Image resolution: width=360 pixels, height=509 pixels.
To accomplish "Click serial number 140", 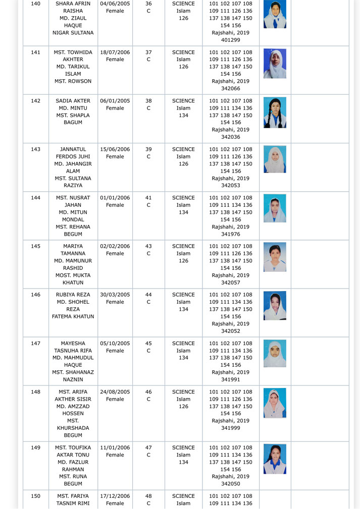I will pyautogui.click(x=35, y=4).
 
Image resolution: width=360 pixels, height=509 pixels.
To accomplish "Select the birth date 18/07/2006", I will pyautogui.click(x=115, y=52).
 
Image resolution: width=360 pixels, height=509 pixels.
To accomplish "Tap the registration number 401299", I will pyautogui.click(x=230, y=40).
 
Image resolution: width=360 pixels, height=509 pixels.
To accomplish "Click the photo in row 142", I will pyautogui.click(x=275, y=112).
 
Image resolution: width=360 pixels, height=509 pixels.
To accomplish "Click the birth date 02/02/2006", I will pyautogui.click(x=115, y=246).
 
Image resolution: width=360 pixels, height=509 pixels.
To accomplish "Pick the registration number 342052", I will pyautogui.click(x=230, y=331).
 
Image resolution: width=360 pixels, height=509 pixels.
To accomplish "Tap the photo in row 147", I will pyautogui.click(x=275, y=353).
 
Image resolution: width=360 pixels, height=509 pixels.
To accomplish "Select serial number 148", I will pyautogui.click(x=35, y=392).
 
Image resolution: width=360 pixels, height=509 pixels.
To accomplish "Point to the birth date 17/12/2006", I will pyautogui.click(x=115, y=496).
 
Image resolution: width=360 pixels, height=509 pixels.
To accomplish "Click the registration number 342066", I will pyautogui.click(x=230, y=88).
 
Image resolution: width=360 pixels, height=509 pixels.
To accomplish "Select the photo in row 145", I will pyautogui.click(x=275, y=257).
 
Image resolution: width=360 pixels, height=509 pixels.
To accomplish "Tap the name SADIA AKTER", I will pyautogui.click(x=73, y=101).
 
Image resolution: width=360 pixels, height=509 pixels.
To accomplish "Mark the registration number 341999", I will pyautogui.click(x=230, y=428).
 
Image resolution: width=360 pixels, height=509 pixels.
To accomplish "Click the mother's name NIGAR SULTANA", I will pyautogui.click(x=73, y=33).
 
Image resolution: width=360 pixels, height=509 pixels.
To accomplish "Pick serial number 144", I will pyautogui.click(x=35, y=198).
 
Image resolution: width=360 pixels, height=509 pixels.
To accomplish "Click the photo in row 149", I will pyautogui.click(x=275, y=459).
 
